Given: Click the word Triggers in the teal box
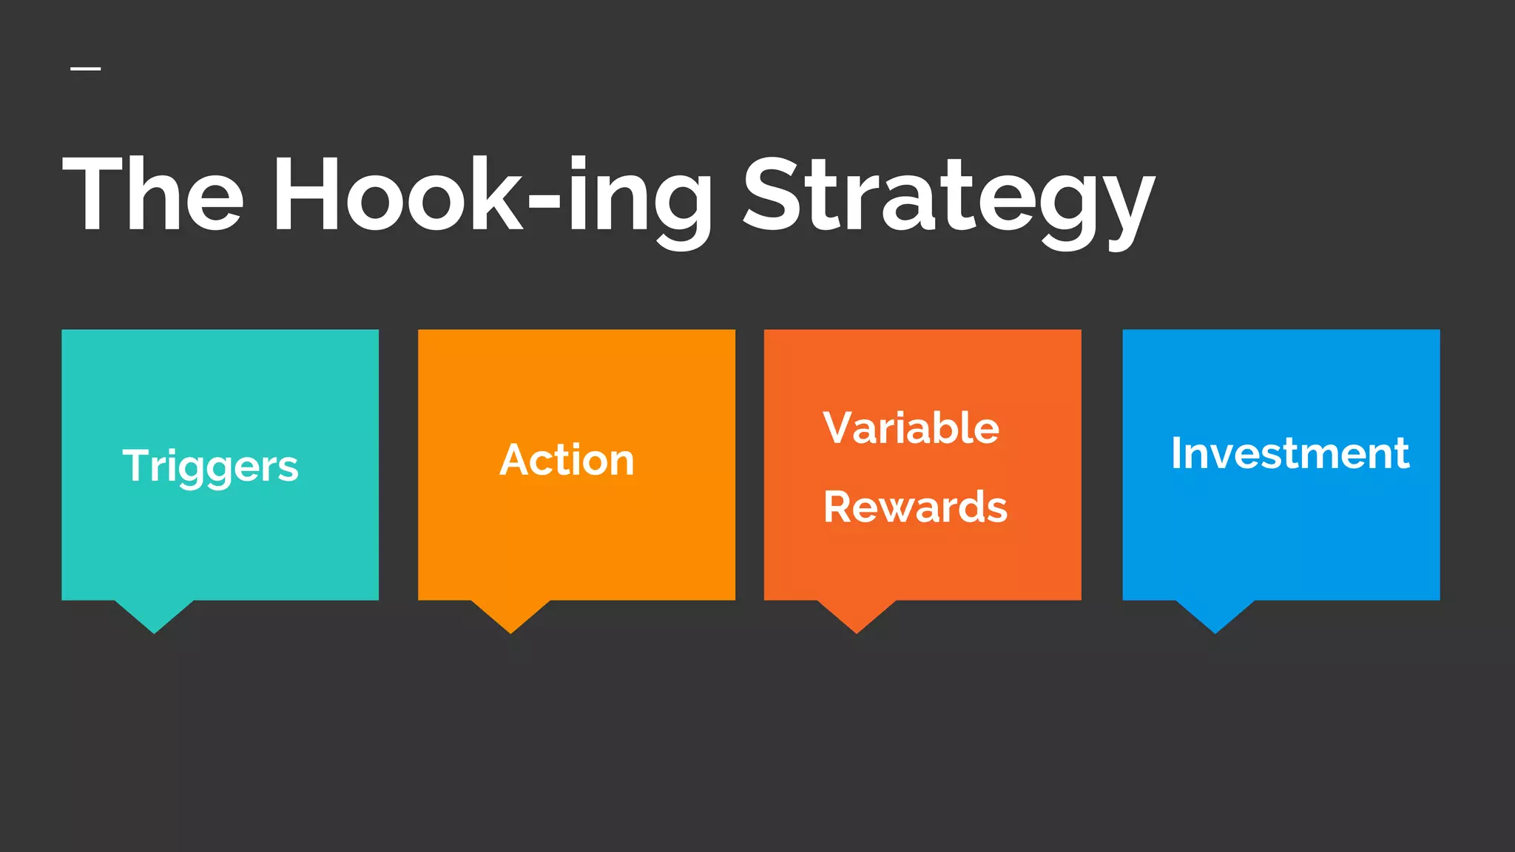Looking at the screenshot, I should click(x=210, y=466).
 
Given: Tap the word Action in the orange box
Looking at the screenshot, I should click(x=567, y=460).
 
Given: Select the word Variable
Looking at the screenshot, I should click(x=911, y=427).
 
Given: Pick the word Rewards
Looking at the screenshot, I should click(x=915, y=507).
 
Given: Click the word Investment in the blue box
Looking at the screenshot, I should click(x=1289, y=453).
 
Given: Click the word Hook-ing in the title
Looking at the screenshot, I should click(x=492, y=196).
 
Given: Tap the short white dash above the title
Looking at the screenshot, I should click(x=86, y=69).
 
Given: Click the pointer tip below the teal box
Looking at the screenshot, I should click(x=154, y=630).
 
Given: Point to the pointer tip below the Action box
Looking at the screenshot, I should click(x=510, y=630).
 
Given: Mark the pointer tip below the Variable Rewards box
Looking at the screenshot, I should click(x=857, y=630).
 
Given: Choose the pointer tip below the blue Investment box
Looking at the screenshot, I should click(x=1215, y=630).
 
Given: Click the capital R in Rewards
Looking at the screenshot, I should click(x=840, y=507).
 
